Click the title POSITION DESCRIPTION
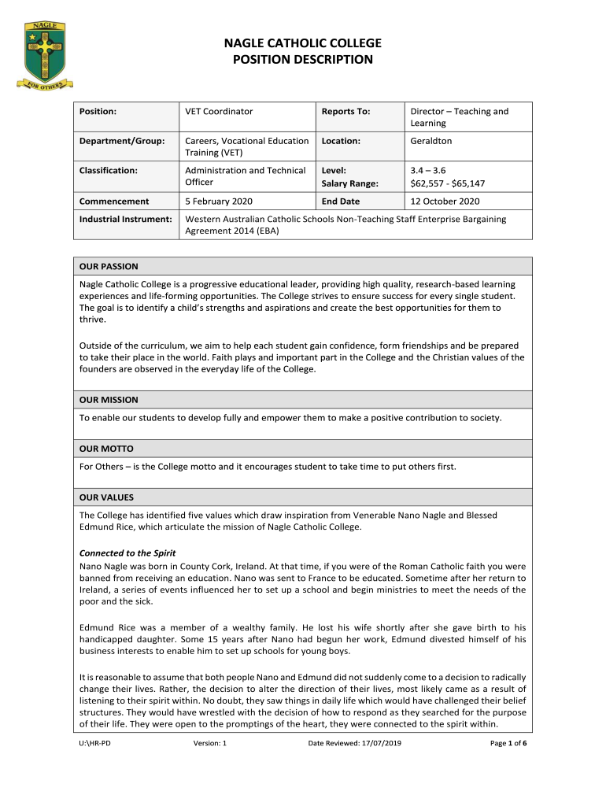tap(303, 60)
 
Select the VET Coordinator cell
tap(219, 112)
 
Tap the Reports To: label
tap(345, 112)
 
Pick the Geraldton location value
tap(431, 141)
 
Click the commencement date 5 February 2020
tap(219, 201)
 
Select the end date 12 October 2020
tap(445, 201)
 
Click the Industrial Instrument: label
tap(126, 219)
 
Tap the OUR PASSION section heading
tap(109, 267)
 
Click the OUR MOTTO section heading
tap(106, 449)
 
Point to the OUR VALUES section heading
tap(107, 497)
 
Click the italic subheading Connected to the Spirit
tap(127, 553)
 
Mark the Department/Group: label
tap(122, 141)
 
